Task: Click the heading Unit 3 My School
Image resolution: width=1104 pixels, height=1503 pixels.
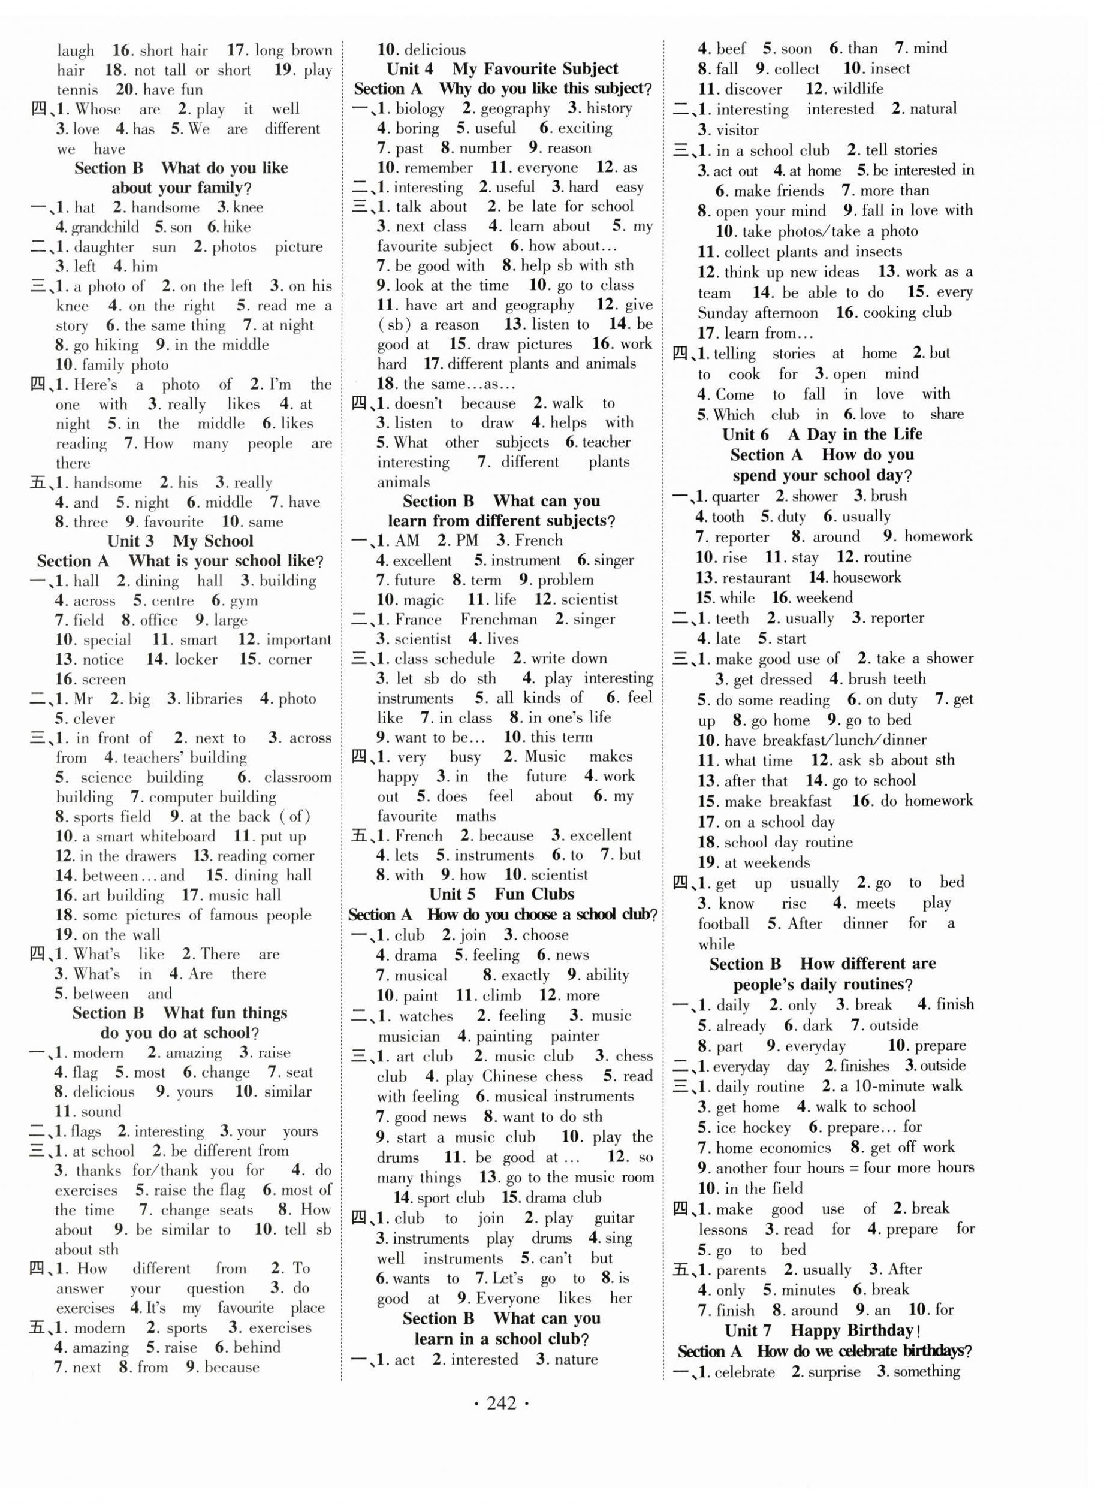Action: coord(180,541)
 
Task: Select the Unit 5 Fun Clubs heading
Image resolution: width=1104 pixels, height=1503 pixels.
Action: coord(501,894)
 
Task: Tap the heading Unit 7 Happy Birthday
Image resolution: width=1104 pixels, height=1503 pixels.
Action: coord(823,1330)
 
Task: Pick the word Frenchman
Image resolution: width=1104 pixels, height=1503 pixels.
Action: coord(499,620)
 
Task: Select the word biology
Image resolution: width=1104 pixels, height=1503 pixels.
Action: coord(420,108)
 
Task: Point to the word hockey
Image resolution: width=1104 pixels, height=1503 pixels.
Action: coord(766,1127)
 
